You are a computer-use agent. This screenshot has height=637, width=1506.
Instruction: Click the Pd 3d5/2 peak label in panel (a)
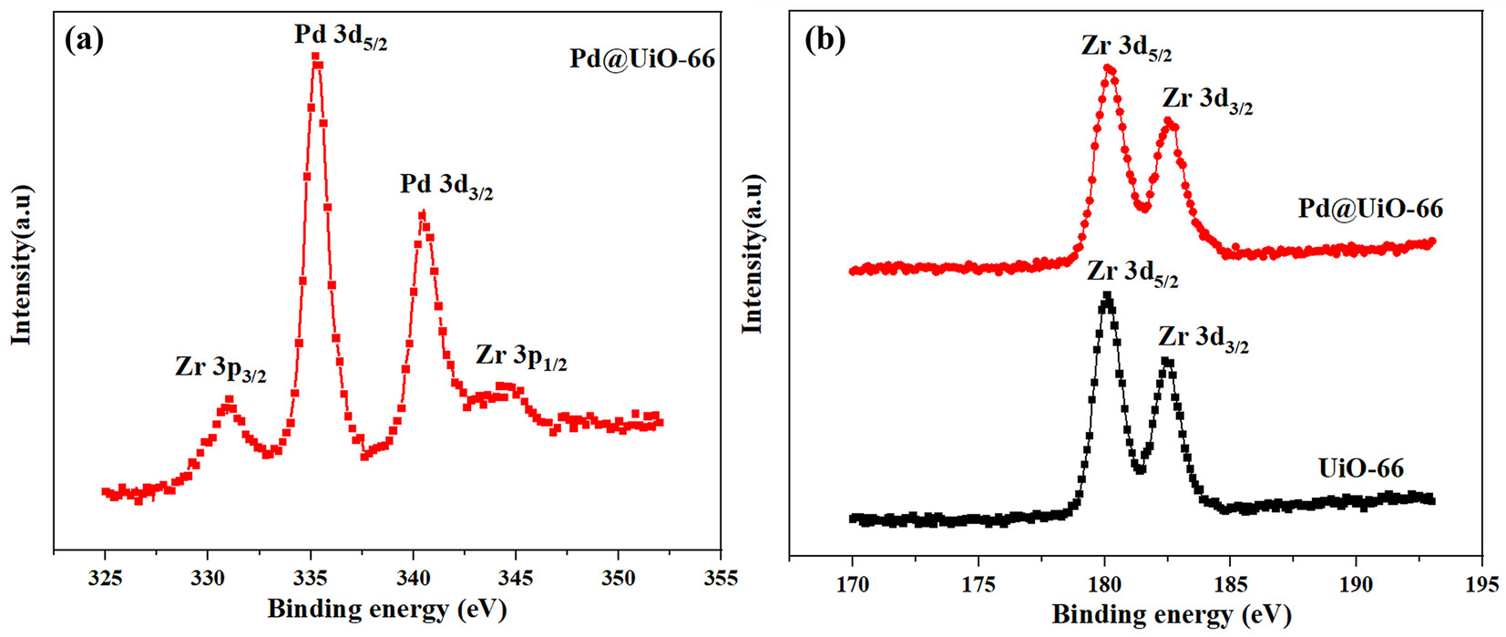coord(340,36)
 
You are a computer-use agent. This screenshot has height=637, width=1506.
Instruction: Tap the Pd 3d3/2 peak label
coord(446,186)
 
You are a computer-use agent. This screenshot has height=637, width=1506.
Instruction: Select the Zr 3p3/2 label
coord(220,369)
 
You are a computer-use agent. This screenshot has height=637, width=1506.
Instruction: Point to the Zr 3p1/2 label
coord(521,356)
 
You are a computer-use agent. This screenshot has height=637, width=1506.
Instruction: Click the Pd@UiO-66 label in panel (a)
coord(642,59)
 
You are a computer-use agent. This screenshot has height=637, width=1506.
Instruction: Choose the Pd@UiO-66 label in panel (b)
coord(1370,209)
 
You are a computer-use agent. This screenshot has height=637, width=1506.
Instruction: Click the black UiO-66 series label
coord(1361,468)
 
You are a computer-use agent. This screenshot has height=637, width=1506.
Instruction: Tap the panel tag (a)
coord(84,40)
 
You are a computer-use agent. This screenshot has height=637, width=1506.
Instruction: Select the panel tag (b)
coord(825,40)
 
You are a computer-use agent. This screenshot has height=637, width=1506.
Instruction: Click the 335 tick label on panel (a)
coord(311,578)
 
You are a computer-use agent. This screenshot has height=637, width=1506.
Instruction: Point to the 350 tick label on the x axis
coord(618,578)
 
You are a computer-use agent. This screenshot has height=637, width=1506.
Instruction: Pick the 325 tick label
coord(106,578)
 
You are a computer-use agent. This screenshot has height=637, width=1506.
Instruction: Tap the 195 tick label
coord(1481,583)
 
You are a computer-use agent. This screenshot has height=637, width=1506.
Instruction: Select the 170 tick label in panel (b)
coord(853,583)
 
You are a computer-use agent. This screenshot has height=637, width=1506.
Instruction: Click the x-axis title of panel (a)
coord(386,609)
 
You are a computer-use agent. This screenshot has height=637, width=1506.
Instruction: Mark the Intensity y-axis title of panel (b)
coord(753,253)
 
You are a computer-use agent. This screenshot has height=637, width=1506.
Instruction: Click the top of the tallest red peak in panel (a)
coord(316,57)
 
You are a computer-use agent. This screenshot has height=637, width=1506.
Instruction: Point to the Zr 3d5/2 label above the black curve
coord(1132,272)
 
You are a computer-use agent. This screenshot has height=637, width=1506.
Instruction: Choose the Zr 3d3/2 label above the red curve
coord(1207,100)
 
